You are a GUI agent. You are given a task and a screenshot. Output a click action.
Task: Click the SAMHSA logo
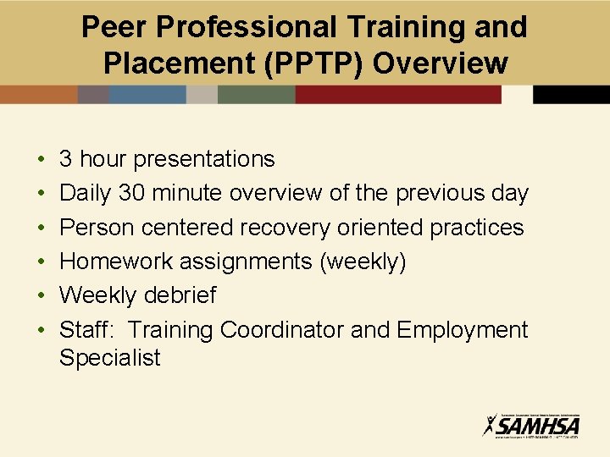tap(531, 424)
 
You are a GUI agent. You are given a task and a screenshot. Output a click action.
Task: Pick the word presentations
tap(204, 160)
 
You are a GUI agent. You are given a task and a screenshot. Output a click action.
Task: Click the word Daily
tap(85, 194)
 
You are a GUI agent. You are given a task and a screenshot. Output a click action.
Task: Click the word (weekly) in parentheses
tap(363, 262)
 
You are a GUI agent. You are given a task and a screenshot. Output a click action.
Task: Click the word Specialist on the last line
tap(109, 358)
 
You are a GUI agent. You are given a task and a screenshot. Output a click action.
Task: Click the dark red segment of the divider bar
tap(398, 94)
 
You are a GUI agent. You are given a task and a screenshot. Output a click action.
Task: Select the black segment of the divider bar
tap(571, 94)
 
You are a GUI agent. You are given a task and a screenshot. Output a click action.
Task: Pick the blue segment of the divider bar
tap(147, 94)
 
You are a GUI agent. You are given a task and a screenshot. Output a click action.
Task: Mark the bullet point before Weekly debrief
tap(42, 296)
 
